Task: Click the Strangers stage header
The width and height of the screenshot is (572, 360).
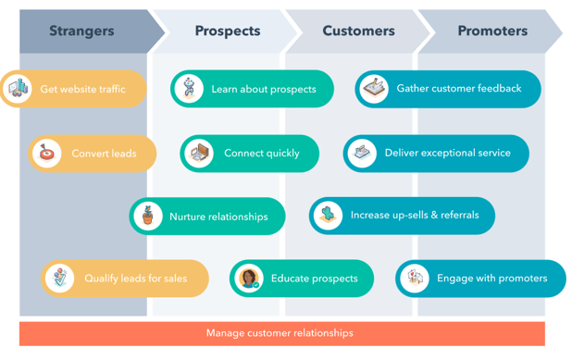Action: pyautogui.click(x=81, y=31)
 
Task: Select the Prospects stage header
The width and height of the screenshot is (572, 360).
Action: pyautogui.click(x=227, y=31)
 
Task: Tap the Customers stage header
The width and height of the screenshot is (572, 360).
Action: pyautogui.click(x=358, y=31)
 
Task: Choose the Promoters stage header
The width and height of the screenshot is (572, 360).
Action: pyautogui.click(x=492, y=31)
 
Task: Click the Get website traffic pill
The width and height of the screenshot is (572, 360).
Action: pyautogui.click(x=74, y=89)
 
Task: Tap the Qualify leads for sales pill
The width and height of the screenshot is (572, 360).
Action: pyautogui.click(x=125, y=278)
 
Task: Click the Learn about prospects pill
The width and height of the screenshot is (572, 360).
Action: pyautogui.click(x=253, y=89)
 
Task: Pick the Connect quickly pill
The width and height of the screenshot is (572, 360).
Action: pyautogui.click(x=250, y=154)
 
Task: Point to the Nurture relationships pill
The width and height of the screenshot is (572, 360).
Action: pyautogui.click(x=207, y=217)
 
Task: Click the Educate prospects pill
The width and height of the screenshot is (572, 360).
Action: pyautogui.click(x=302, y=278)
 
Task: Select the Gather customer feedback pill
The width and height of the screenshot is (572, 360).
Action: pyautogui.click(x=448, y=89)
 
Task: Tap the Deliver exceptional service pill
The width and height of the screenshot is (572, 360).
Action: pyautogui.click(x=437, y=154)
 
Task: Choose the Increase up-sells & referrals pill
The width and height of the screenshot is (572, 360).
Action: pyautogui.click(x=402, y=216)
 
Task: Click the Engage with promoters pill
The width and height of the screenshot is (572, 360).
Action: pyautogui.click(x=480, y=278)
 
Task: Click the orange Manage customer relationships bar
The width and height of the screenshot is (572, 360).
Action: pyautogui.click(x=281, y=333)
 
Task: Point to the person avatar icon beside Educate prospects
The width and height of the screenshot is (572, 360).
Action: pyautogui.click(x=249, y=278)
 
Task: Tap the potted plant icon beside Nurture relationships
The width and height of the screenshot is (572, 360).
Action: pyautogui.click(x=147, y=217)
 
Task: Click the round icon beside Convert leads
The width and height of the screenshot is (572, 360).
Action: pyautogui.click(x=46, y=154)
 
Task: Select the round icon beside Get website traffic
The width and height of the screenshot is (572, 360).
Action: pyautogui.click(x=18, y=89)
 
